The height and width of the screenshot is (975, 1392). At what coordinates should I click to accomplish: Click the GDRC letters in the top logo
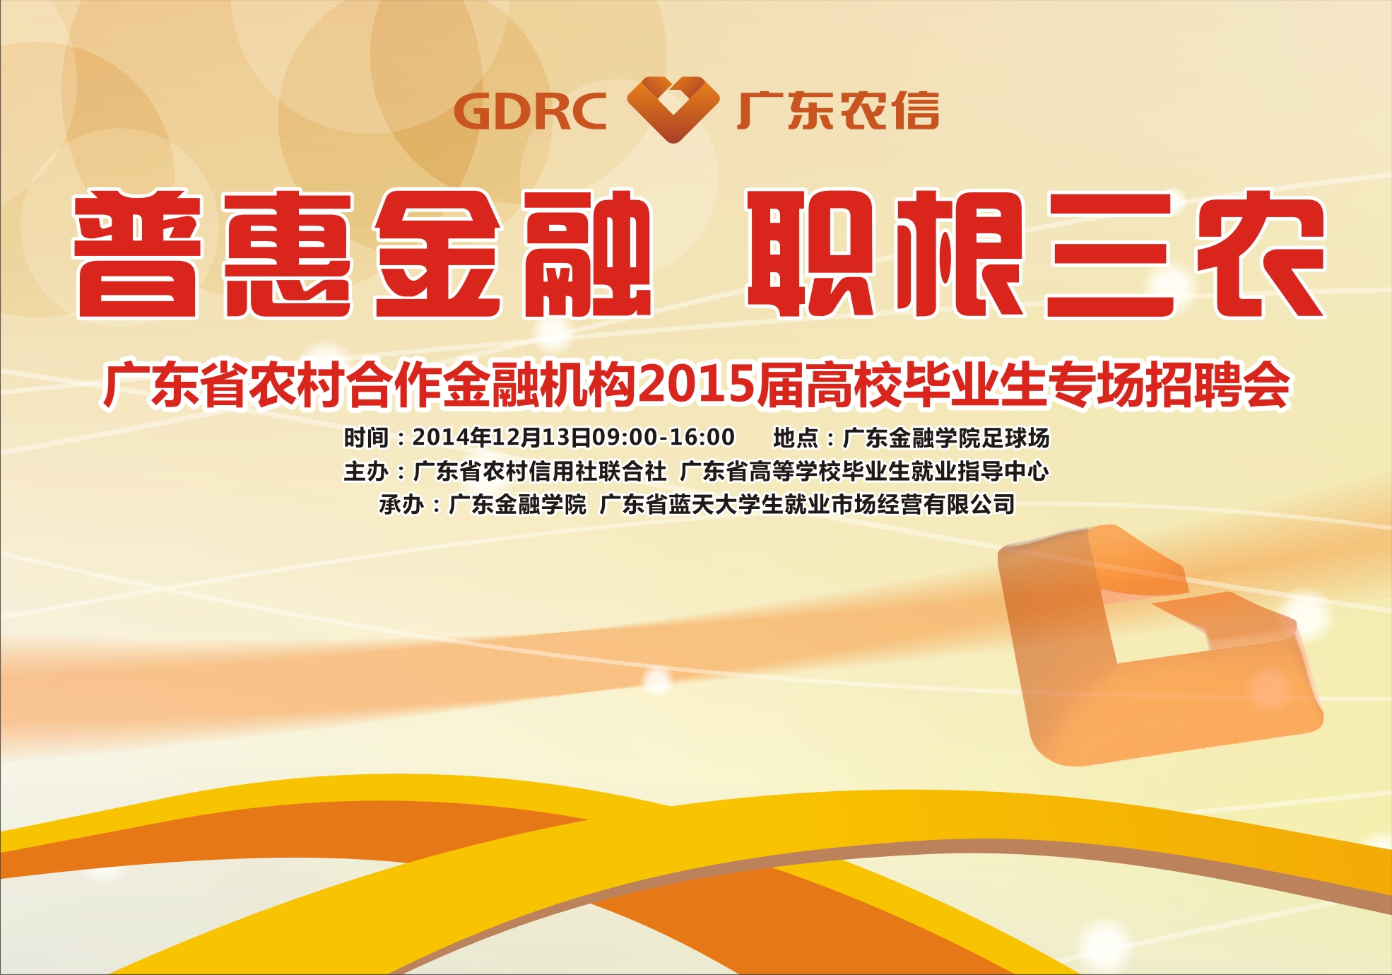pyautogui.click(x=530, y=112)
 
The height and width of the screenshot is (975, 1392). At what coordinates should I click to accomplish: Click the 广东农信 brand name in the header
pyautogui.click(x=837, y=111)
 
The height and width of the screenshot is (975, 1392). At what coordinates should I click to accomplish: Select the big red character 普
pyautogui.click(x=137, y=255)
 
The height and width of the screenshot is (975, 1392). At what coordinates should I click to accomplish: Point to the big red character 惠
pyautogui.click(x=288, y=255)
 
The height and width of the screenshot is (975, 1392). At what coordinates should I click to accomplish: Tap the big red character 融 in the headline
pyautogui.click(x=586, y=255)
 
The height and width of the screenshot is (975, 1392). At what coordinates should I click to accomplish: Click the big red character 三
pyautogui.click(x=1110, y=256)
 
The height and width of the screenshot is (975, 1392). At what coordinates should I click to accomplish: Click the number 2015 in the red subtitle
pyautogui.click(x=695, y=385)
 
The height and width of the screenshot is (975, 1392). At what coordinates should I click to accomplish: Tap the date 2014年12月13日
pyautogui.click(x=502, y=438)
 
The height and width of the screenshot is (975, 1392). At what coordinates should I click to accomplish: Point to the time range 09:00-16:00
pyautogui.click(x=663, y=438)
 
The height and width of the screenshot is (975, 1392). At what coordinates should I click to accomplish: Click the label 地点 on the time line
pyautogui.click(x=796, y=438)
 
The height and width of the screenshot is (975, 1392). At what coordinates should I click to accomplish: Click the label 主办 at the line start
pyautogui.click(x=366, y=471)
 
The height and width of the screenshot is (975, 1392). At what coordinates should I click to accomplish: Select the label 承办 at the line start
pyautogui.click(x=401, y=505)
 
